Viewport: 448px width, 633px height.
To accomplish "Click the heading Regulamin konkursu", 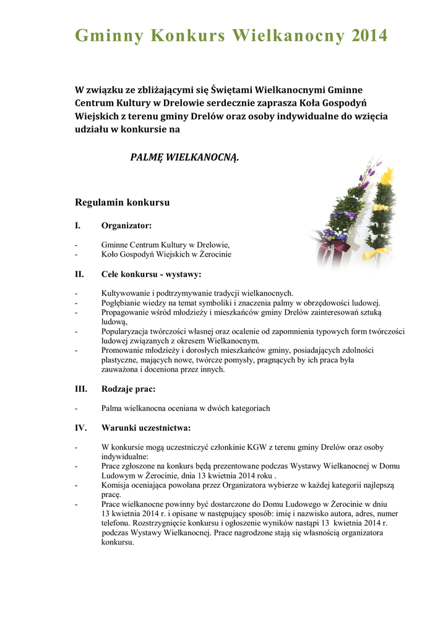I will pyautogui.click(x=122, y=202).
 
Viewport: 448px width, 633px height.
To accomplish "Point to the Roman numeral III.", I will pyautogui.click(x=81, y=389).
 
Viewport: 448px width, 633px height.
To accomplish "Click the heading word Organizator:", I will pyautogui.click(x=126, y=226).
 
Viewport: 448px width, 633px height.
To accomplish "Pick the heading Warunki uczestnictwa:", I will pyautogui.click(x=146, y=427).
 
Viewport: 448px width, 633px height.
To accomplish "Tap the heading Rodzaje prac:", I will pyautogui.click(x=128, y=389).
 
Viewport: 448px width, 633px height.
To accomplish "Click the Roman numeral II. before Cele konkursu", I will pyautogui.click(x=79, y=274).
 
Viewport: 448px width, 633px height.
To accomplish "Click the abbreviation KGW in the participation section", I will pyautogui.click(x=259, y=447).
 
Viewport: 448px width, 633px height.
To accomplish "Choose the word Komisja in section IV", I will pyautogui.click(x=115, y=485).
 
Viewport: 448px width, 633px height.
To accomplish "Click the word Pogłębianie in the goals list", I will pyautogui.click(x=122, y=303).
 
